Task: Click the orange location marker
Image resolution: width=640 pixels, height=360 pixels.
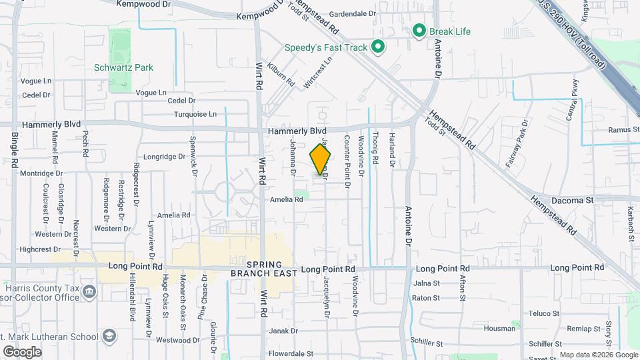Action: click(x=320, y=159)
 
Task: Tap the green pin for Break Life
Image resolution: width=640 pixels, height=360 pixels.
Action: click(x=419, y=30)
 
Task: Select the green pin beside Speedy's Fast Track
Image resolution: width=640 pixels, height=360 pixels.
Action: click(x=378, y=47)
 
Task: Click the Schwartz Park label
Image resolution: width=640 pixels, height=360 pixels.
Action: click(x=123, y=67)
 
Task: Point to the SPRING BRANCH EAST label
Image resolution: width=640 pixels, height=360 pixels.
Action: click(x=261, y=269)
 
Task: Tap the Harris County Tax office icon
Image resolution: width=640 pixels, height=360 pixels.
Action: click(x=89, y=293)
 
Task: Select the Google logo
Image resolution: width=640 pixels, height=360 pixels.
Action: click(x=21, y=352)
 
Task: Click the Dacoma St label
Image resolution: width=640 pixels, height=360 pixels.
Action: click(x=571, y=200)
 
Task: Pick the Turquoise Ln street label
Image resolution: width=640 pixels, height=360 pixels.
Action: click(x=195, y=114)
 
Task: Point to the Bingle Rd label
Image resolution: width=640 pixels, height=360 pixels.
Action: click(x=15, y=153)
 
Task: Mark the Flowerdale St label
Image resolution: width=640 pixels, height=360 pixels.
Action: click(x=291, y=353)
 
